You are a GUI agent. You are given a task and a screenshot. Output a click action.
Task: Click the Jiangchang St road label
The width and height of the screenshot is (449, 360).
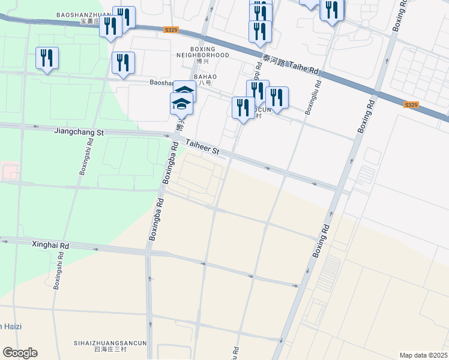click(x=79, y=130)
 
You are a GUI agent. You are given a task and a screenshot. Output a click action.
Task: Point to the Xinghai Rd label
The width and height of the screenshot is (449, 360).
click(x=51, y=245)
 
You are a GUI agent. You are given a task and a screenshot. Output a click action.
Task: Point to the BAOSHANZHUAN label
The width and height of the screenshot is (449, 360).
click(x=84, y=14)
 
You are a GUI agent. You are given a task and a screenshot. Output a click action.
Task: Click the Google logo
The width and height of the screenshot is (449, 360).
click(x=20, y=353)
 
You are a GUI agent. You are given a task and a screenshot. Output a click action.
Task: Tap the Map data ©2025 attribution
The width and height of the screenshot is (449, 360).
click(x=423, y=355)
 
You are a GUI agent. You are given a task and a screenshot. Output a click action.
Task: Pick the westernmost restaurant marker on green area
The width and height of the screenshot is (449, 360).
click(x=47, y=58)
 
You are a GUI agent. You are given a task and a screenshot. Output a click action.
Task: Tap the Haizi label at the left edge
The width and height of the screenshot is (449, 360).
click(x=11, y=326)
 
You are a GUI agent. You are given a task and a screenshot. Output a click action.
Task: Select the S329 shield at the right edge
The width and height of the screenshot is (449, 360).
click(x=411, y=104)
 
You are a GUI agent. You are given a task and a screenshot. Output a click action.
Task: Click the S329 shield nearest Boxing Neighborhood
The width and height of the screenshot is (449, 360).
click(x=170, y=29)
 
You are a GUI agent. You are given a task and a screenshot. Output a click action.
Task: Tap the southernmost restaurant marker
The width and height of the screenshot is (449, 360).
click(x=243, y=108)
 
